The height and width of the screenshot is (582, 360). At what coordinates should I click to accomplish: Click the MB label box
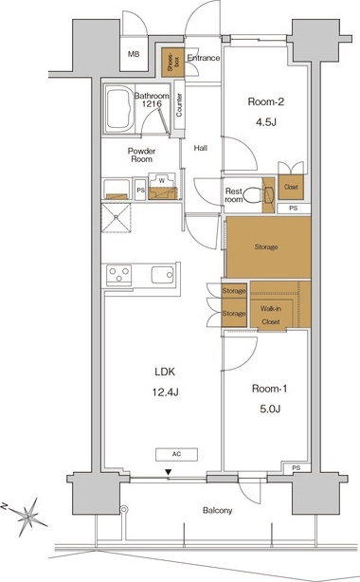134,54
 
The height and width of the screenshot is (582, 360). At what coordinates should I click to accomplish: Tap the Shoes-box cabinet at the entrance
173,63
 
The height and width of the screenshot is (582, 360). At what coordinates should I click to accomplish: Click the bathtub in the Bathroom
119,109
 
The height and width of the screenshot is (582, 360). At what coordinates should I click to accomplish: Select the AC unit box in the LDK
176,454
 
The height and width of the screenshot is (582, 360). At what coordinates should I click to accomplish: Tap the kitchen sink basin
163,275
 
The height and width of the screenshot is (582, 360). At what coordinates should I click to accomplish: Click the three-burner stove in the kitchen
118,275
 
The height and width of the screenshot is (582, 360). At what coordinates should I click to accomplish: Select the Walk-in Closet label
271,315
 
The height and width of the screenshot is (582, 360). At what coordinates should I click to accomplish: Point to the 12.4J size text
165,392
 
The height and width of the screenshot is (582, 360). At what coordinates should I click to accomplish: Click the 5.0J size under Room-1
270,409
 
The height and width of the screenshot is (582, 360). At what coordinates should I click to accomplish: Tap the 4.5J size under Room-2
265,121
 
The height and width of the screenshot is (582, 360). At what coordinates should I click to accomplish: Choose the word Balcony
218,510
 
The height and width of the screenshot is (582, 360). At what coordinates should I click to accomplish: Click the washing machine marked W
162,186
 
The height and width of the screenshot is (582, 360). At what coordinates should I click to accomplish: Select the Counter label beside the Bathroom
179,105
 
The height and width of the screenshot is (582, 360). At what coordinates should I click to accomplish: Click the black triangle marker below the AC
169,472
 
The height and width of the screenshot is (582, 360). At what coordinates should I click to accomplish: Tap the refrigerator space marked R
117,218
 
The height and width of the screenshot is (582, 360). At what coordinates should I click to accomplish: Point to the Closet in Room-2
291,187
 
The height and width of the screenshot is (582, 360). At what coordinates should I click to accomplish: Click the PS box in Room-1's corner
296,468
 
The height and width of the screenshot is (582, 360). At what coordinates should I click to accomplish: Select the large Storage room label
266,246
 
